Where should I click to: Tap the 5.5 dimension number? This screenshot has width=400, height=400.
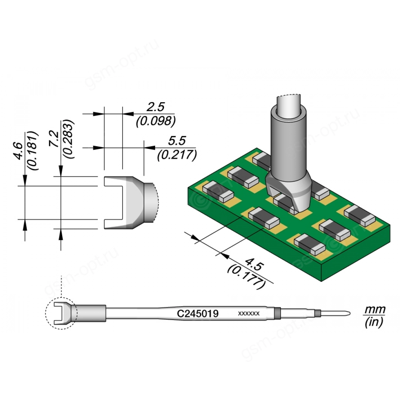tap(176, 141)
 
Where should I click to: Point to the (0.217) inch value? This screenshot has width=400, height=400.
tap(176, 154)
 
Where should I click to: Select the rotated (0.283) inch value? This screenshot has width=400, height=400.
tap(69, 139)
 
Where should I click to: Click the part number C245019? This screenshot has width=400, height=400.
tap(197, 314)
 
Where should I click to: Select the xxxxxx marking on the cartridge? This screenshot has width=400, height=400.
tap(248, 314)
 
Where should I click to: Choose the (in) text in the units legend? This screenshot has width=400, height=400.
tap(374, 323)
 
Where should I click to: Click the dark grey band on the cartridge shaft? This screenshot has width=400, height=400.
tap(276, 313)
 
